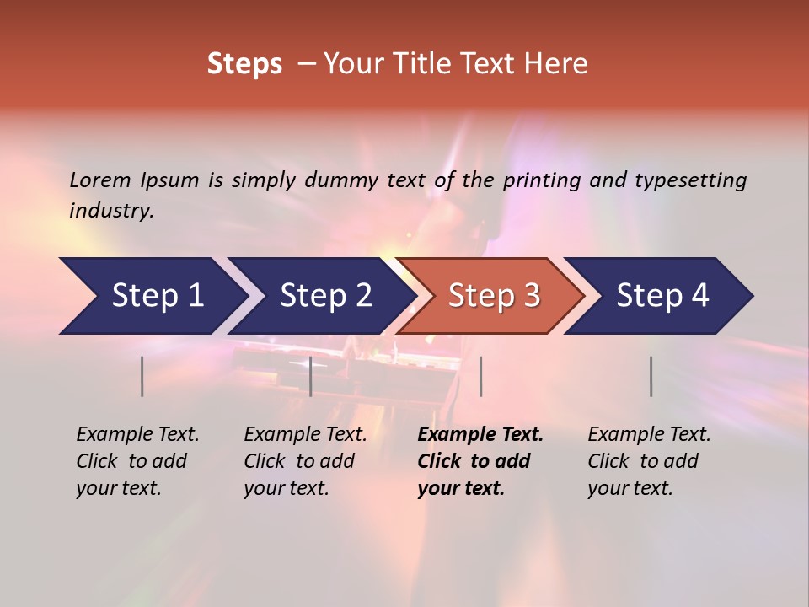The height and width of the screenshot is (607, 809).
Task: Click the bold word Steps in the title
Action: click(x=244, y=64)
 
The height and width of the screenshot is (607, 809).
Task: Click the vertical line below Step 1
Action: click(x=142, y=376)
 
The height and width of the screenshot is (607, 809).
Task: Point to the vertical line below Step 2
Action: click(x=311, y=376)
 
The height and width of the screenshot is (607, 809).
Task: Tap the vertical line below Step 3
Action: click(x=480, y=376)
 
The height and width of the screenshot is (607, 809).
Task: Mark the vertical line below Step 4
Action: click(x=651, y=376)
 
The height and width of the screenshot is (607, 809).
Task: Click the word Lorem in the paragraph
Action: click(x=100, y=180)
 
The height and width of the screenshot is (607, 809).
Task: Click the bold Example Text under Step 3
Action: click(x=480, y=434)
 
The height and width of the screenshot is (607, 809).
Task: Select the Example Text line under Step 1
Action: click(x=137, y=434)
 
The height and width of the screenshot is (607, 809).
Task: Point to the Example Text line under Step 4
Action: click(x=649, y=434)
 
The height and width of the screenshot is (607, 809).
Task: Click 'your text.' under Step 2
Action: click(x=286, y=488)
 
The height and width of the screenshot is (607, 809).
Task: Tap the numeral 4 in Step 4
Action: click(x=699, y=296)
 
